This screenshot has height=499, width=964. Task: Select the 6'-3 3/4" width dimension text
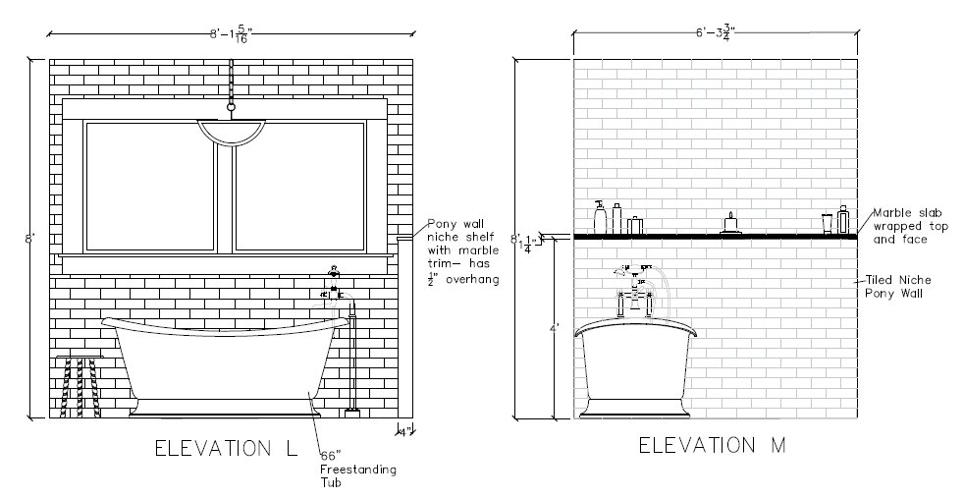[714, 31]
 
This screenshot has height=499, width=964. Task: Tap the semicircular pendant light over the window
[231, 132]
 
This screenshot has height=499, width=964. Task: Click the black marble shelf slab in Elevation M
[714, 237]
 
